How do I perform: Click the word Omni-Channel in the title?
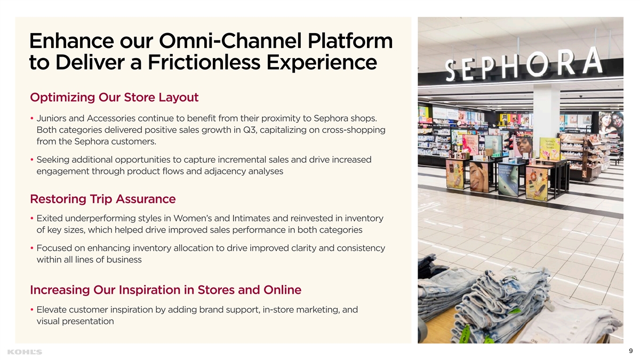230,41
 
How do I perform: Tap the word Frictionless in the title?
204,62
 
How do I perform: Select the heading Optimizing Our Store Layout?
114,98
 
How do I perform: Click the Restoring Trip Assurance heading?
103,199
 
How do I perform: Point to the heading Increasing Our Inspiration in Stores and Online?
166,290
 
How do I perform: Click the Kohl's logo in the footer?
25,352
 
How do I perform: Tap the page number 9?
630,351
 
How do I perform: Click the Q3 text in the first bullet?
250,130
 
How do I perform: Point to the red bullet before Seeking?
32,159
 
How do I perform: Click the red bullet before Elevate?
32,309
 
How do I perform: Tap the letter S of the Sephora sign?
451,70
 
